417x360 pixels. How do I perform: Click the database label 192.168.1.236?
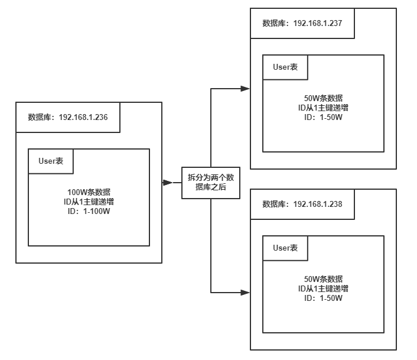point(68,117)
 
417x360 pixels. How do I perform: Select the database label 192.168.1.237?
point(302,23)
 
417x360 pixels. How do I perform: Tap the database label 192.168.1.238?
point(302,204)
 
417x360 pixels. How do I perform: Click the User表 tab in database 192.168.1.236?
point(51,161)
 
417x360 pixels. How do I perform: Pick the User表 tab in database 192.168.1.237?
point(285,67)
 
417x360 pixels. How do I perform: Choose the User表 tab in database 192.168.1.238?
point(285,248)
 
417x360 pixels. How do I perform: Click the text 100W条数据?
point(89,193)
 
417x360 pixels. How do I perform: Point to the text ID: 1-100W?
point(89,210)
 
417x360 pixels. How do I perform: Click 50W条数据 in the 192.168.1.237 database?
point(323,99)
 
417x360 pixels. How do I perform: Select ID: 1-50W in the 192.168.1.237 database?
point(323,116)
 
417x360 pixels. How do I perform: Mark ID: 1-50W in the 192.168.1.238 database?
point(323,297)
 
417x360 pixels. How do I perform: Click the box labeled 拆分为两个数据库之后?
point(211,182)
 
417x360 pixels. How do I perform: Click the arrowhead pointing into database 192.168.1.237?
point(245,89)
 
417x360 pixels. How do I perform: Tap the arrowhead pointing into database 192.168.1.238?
point(245,293)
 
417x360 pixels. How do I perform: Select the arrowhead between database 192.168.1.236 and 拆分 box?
point(167,183)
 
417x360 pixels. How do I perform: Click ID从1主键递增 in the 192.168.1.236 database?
point(89,202)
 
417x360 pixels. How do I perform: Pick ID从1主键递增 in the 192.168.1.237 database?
point(323,108)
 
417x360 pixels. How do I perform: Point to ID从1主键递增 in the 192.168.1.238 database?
point(323,288)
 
